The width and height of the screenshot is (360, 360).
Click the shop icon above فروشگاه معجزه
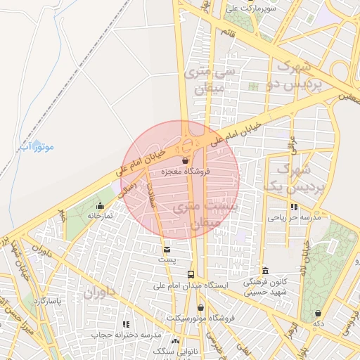tap(185, 161)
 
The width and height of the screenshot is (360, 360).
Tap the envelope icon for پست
tap(166, 249)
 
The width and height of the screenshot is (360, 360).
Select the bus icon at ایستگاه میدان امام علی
tap(191, 274)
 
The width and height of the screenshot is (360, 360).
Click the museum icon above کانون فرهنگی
tap(265, 271)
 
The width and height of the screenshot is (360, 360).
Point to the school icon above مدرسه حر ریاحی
tap(294, 207)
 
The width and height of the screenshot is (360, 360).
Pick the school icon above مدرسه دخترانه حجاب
tap(127, 324)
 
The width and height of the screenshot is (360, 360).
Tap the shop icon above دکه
tap(318, 313)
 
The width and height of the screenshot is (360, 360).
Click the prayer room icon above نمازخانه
tap(100, 205)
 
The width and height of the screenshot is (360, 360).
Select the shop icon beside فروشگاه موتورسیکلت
tap(201, 307)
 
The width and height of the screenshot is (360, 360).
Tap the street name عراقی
tap(292, 141)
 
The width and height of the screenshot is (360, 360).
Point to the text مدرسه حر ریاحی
tap(293, 218)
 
